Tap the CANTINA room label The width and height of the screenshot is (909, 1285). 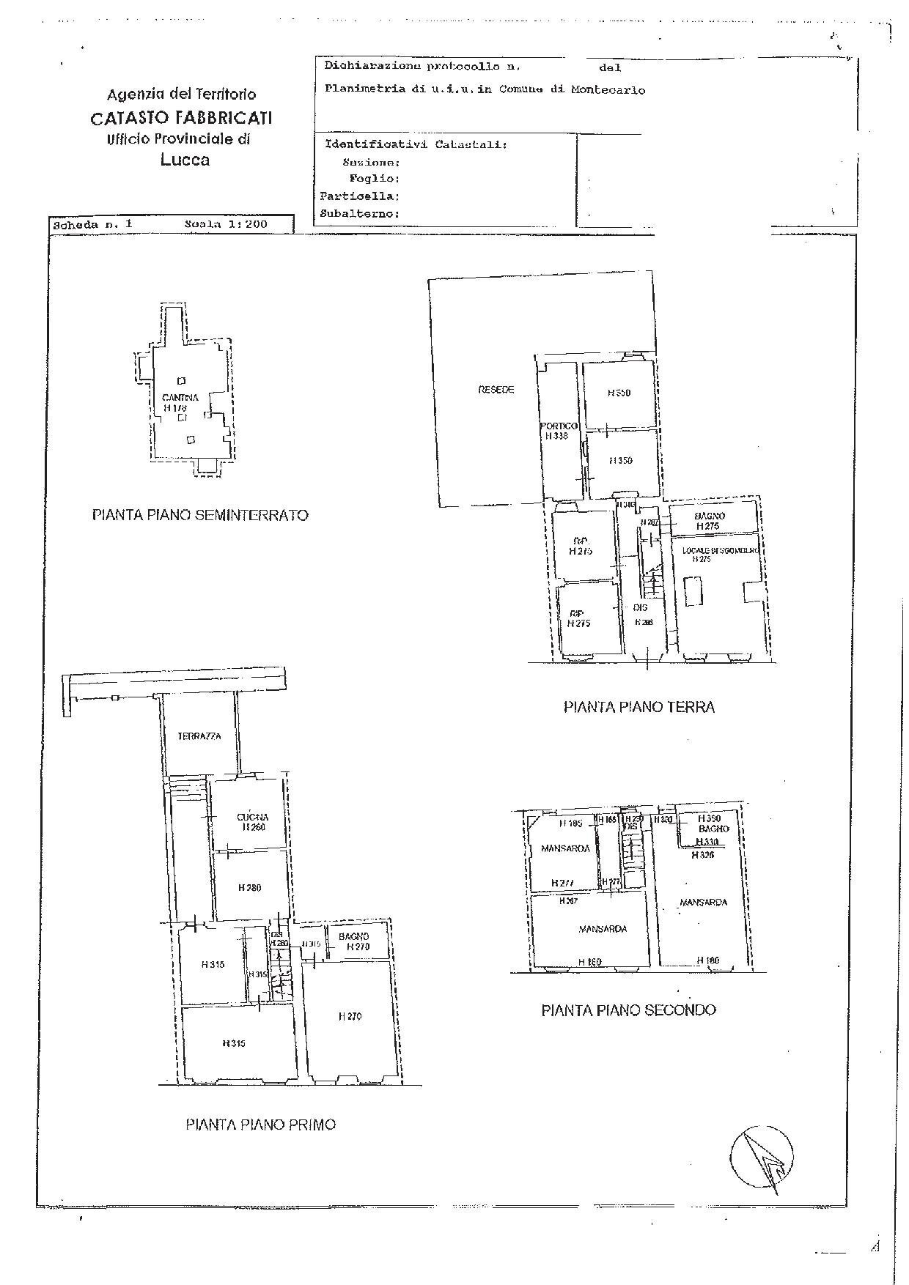(x=180, y=398)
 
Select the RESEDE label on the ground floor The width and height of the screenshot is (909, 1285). (x=496, y=390)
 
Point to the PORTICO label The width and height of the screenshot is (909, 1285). (x=559, y=426)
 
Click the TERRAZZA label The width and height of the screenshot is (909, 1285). (x=199, y=736)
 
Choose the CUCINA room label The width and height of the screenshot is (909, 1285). (x=252, y=817)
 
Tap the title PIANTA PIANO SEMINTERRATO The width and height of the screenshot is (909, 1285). (x=200, y=515)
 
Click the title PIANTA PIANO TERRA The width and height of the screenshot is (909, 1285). (x=638, y=707)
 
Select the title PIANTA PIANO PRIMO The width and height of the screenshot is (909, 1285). (x=260, y=1124)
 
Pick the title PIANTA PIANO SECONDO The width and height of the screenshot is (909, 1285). (x=628, y=1010)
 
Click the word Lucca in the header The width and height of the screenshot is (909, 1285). (x=185, y=160)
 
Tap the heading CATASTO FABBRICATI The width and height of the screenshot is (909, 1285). (x=181, y=117)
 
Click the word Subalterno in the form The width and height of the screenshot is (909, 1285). (x=359, y=214)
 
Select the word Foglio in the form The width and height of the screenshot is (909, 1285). (x=374, y=179)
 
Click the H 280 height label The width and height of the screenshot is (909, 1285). (x=249, y=888)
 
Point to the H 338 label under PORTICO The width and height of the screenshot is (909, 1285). (x=556, y=436)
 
